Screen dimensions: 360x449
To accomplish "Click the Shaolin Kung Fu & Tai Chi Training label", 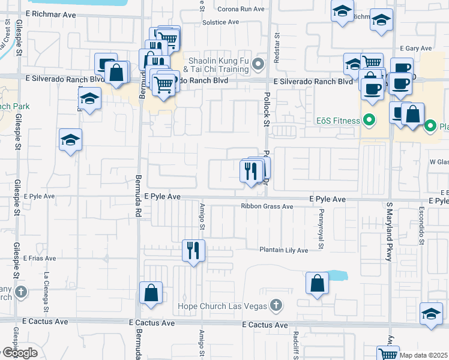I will (218, 65).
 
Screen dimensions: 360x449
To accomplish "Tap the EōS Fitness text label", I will (338, 120).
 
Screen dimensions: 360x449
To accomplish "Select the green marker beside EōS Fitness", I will (369, 120).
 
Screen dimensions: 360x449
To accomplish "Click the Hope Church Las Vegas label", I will (222, 306).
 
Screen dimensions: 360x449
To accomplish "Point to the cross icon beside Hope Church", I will (276, 306).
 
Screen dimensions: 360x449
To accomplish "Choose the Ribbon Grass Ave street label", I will (267, 206).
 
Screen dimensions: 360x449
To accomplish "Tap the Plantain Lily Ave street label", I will (283, 250).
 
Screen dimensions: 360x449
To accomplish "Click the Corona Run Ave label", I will (241, 9).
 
